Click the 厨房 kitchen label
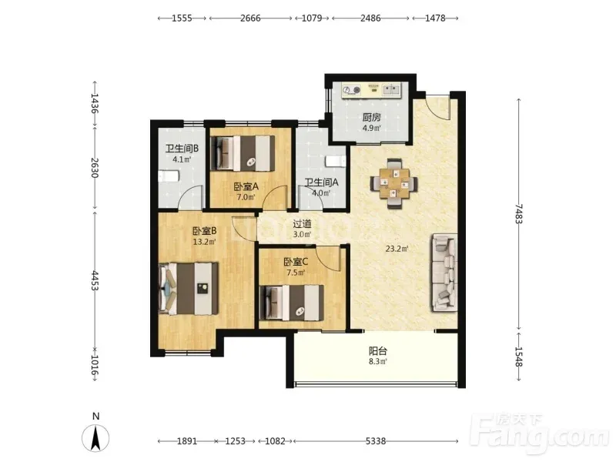[371, 117]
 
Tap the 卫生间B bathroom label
[182, 149]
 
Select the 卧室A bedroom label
[246, 186]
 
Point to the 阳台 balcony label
[378, 350]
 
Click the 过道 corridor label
[302, 224]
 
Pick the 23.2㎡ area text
[397, 248]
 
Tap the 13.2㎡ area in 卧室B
[204, 242]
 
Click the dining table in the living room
[394, 183]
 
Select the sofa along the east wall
[445, 273]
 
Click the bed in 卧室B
[188, 288]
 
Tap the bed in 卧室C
[292, 303]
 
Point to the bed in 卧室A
[243, 153]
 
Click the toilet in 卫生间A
[336, 161]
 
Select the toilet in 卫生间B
[169, 176]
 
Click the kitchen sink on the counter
[391, 90]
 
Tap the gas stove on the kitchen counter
[351, 90]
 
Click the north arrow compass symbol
[95, 437]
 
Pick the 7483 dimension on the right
[519, 214]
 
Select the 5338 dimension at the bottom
[376, 441]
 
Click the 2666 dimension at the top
[251, 18]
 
